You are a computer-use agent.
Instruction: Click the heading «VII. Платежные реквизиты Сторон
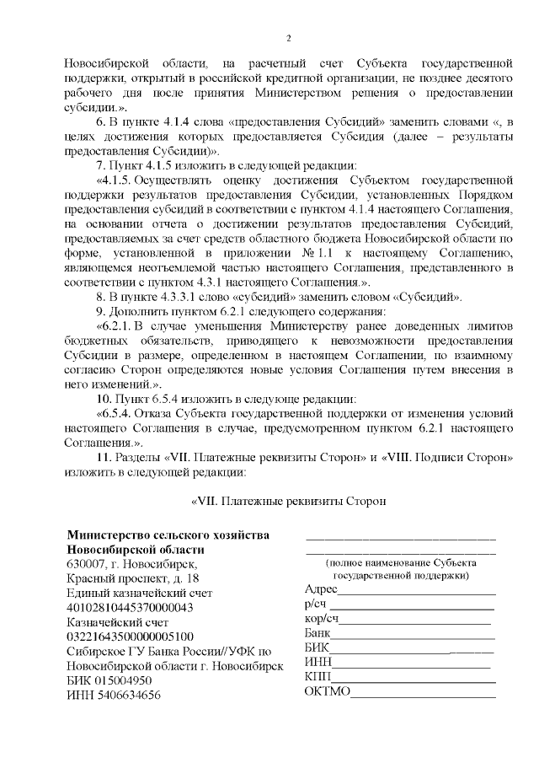pos(288,501)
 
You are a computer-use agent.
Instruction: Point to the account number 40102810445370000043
pos(130,607)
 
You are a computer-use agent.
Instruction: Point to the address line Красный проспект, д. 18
pos(133,578)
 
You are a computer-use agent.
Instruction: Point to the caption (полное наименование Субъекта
pos(399,562)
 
